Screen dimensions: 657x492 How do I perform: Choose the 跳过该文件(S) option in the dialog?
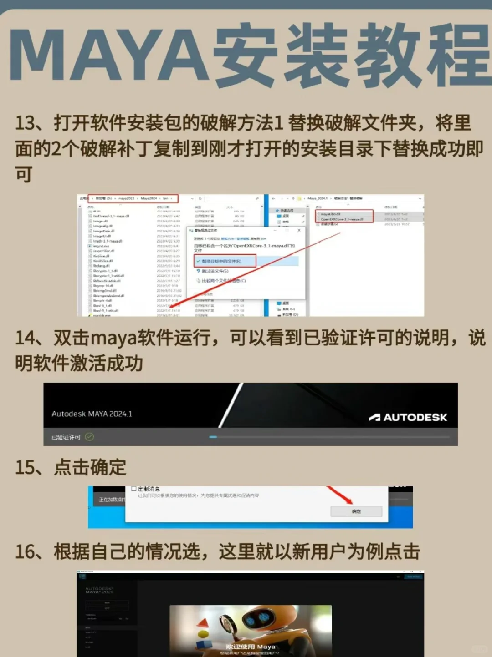tap(215, 271)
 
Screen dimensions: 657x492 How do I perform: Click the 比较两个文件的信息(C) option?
tap(223, 281)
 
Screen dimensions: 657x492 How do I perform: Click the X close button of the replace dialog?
tap(299, 230)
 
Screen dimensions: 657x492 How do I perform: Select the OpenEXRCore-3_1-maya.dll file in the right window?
tap(342, 219)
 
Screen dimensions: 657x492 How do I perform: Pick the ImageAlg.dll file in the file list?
tap(103, 226)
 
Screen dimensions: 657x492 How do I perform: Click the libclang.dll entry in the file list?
tap(101, 266)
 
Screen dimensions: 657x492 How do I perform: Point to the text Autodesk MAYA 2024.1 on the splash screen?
tap(92, 414)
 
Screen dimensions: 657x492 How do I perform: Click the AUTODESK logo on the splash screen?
tap(408, 417)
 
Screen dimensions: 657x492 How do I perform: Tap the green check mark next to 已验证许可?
tap(89, 437)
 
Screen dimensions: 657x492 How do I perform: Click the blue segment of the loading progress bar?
tap(213, 437)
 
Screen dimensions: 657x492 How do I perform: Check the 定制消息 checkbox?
tap(134, 489)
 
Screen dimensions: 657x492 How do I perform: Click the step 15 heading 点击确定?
tap(90, 467)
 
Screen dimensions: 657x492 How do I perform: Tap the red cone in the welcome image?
tap(203, 623)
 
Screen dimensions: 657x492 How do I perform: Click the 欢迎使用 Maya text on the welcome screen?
tap(250, 647)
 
